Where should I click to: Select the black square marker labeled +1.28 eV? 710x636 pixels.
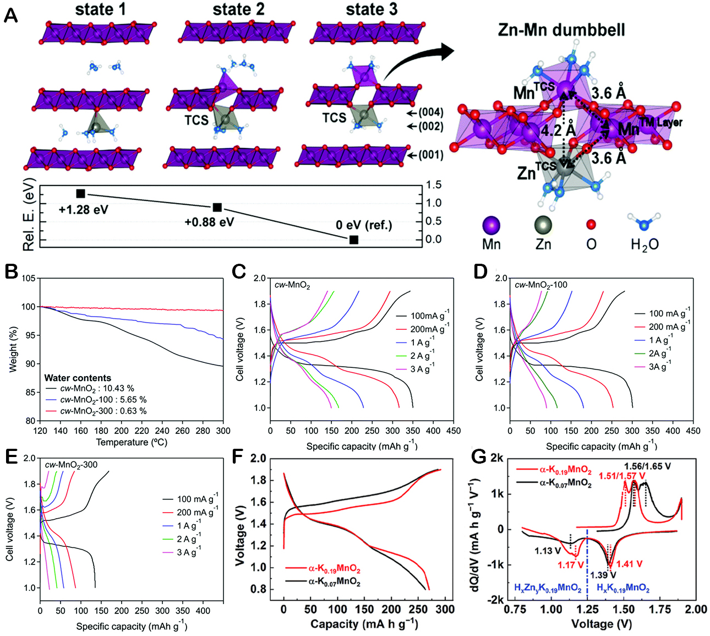(80, 193)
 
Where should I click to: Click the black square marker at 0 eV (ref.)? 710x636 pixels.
(354, 240)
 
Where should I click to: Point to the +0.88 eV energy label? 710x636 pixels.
(209, 222)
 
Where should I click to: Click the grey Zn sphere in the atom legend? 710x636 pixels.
(543, 225)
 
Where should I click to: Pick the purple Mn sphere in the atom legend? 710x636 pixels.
(491, 225)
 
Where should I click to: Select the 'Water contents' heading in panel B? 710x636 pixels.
(78, 378)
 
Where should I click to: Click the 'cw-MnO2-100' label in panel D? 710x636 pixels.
(540, 285)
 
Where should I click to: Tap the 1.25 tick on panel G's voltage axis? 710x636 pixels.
(587, 608)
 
